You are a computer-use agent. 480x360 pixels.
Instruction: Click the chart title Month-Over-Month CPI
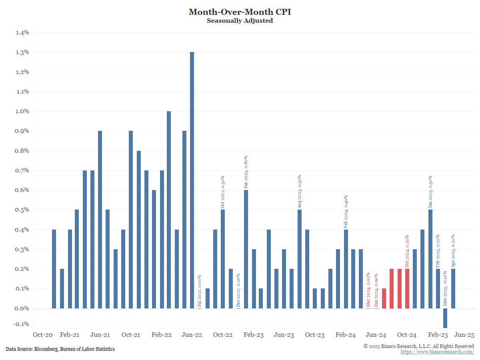(240, 12)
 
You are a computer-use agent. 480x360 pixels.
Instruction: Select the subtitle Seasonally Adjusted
(240, 21)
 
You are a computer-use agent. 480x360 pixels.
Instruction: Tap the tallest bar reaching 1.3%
(192, 180)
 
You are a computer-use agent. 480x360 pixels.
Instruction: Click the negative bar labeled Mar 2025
(446, 318)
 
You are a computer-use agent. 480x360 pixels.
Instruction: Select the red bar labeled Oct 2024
(407, 288)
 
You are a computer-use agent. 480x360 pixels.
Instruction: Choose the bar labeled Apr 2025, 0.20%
(453, 288)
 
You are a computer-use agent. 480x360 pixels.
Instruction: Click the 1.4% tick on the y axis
(22, 32)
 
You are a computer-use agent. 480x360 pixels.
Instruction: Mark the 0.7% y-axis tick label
(22, 170)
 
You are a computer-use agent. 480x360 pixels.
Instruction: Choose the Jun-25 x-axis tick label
(464, 335)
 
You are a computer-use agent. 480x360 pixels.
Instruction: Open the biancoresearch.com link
(437, 352)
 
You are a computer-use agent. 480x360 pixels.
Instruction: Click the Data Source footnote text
(60, 349)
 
